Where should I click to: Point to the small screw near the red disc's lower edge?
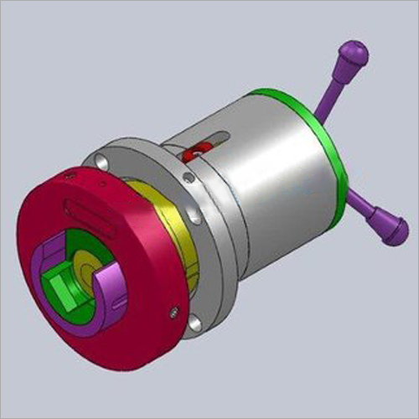pyautogui.click(x=173, y=313)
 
